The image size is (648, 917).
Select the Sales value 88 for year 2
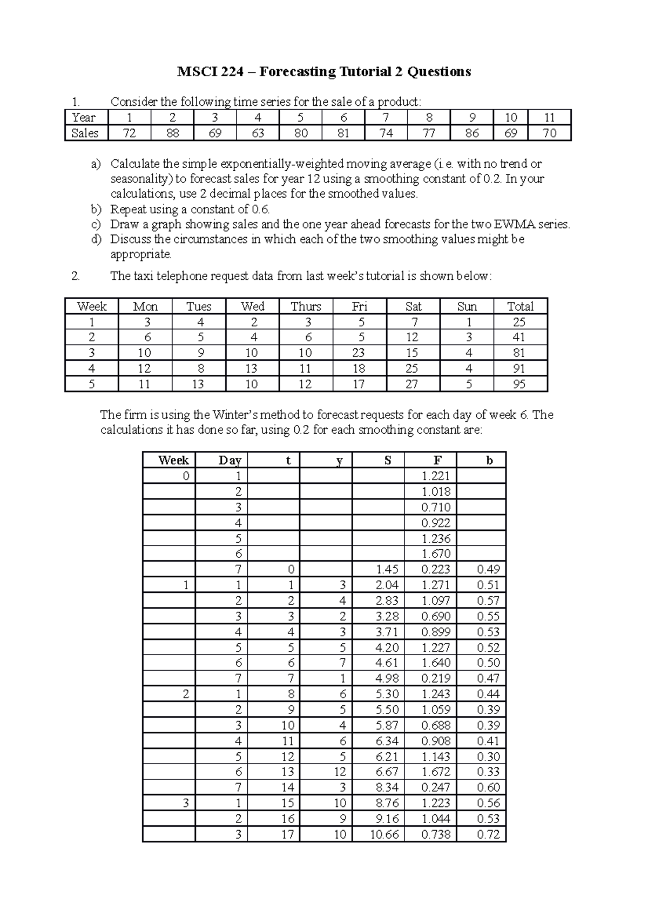click(172, 133)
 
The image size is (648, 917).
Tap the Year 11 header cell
click(549, 117)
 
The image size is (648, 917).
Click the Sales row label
click(85, 133)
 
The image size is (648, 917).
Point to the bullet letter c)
click(96, 224)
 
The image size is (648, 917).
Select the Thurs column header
click(306, 306)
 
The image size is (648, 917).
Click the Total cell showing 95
click(519, 384)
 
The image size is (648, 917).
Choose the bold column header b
click(489, 460)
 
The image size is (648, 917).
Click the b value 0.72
click(488, 834)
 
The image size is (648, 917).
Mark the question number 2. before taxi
click(76, 276)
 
